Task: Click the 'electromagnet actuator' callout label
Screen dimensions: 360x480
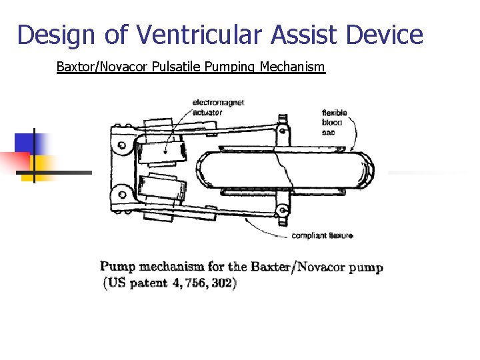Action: [x=218, y=107]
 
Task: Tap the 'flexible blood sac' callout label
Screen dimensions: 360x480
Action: [x=333, y=122]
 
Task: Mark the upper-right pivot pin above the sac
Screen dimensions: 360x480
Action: [x=284, y=127]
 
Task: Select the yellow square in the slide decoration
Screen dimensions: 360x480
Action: [x=40, y=167]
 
